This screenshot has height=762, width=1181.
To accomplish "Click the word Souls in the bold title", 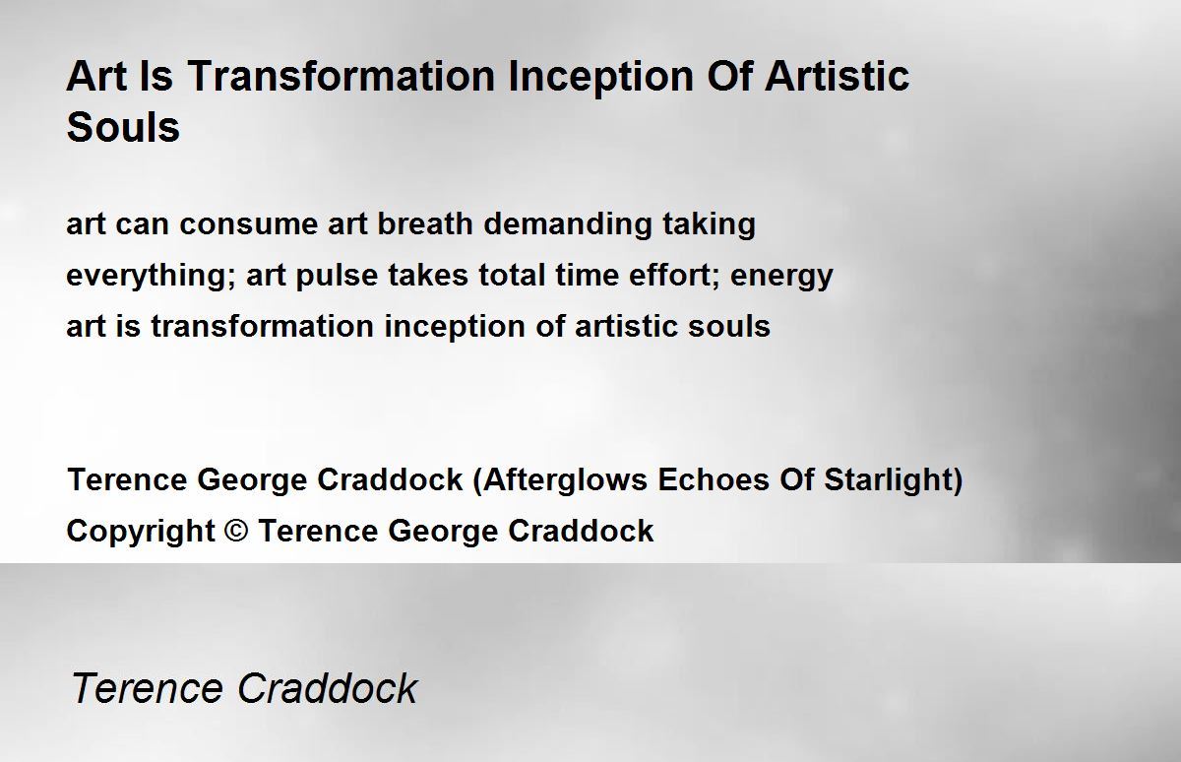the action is coord(123,127).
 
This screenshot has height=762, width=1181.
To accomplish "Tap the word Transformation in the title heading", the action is coord(342,76).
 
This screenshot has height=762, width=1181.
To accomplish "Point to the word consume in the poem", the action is coord(248,224).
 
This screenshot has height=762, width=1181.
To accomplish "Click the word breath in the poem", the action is coord(425,222).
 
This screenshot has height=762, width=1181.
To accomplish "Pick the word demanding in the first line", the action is coord(567,224).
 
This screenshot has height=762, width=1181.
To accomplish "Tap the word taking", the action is coord(710,224).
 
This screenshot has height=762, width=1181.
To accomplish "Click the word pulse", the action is coord(337,276).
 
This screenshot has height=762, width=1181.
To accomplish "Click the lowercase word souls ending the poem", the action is coord(729,325).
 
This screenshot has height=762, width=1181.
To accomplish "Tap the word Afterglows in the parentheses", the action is coord(565,480).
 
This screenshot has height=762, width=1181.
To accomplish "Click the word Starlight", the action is coord(889,480).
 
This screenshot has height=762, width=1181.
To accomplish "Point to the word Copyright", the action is coord(141,531).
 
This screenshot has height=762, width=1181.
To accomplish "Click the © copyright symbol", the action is coord(236,530).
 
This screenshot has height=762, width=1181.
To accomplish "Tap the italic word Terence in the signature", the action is coord(147,687).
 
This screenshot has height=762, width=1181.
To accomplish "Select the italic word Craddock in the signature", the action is coord(328,687).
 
